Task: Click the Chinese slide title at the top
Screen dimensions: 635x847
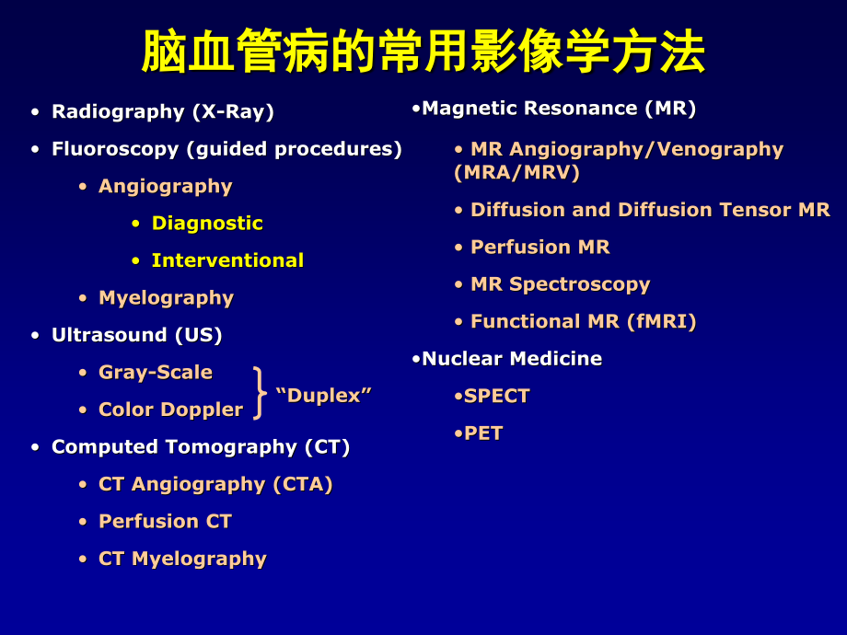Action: point(423,52)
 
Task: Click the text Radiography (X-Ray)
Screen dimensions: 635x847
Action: point(163,112)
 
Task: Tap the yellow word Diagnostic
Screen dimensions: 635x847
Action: point(207,224)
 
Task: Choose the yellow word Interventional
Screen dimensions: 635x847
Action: point(227,260)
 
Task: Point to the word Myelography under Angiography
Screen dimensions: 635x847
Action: point(166,298)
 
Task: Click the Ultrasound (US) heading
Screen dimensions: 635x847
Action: point(136,335)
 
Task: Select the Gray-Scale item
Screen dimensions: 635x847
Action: point(155,373)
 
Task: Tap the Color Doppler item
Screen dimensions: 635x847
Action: point(170,410)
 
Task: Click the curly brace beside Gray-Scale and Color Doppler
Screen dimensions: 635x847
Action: point(260,393)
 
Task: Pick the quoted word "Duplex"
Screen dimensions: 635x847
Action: point(323,396)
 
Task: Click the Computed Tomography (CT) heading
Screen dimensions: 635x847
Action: point(201,447)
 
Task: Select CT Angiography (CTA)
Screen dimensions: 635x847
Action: point(215,484)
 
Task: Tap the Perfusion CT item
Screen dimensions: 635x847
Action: point(165,522)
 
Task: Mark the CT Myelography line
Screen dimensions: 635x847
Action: point(182,559)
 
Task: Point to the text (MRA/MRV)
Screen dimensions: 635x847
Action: point(516,172)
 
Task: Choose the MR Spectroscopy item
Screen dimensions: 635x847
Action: point(560,284)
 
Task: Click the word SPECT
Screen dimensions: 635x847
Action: point(497,396)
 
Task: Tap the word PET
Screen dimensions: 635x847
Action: point(483,433)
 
